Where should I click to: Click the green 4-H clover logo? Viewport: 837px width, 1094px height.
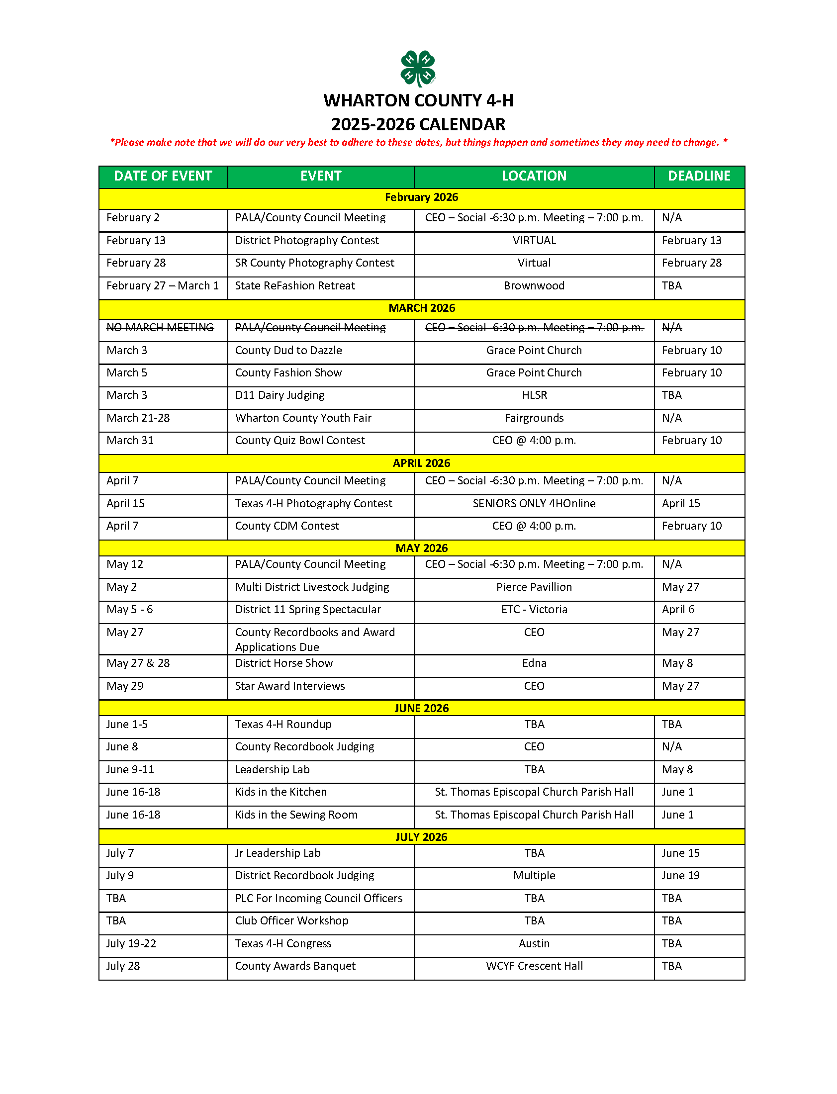418,69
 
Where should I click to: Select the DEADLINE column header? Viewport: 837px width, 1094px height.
699,177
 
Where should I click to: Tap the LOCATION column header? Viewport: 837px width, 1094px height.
534,177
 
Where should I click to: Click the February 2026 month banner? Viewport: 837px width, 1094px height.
421,197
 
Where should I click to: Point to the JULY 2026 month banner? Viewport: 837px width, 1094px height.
421,837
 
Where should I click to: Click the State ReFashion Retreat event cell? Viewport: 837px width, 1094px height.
295,286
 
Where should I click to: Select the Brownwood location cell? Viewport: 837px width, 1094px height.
534,286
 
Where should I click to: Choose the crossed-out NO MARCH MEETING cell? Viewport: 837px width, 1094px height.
160,328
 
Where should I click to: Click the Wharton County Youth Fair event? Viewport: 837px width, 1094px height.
303,418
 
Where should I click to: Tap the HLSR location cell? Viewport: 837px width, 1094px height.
534,395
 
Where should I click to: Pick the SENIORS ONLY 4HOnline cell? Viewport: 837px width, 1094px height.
534,504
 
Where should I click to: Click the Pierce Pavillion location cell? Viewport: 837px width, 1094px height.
534,587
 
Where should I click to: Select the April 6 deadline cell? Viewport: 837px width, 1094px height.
677,610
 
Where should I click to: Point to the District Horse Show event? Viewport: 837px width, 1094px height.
283,663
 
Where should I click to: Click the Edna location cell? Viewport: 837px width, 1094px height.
534,663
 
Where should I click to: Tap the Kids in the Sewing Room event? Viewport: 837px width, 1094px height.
296,815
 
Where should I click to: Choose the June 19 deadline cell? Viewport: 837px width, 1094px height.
680,876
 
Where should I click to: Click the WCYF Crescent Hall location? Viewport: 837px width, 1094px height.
534,967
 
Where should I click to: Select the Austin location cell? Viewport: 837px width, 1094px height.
534,944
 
